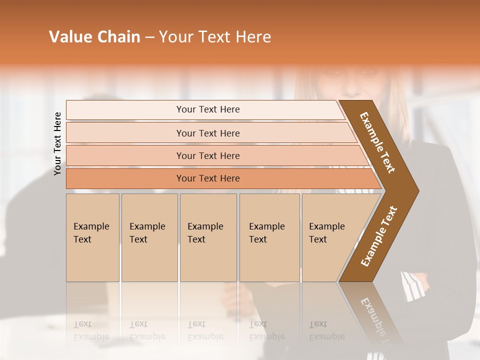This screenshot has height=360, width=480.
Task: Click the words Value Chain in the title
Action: pos(94,37)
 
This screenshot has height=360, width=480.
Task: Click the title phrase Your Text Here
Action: pos(215,37)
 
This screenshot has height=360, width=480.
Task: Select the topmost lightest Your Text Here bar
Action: pos(207,109)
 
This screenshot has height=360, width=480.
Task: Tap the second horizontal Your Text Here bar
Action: pos(207,133)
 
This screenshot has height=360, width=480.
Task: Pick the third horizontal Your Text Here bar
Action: pos(207,155)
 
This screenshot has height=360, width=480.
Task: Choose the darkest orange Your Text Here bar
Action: pos(207,178)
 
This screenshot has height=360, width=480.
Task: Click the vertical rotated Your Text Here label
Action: pos(57,143)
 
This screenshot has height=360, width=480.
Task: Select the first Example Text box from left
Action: pos(92,237)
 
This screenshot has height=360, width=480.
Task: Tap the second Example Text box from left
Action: pos(149,237)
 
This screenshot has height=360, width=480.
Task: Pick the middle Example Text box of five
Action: pos(208,237)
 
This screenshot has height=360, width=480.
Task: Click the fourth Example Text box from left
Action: pos(269,237)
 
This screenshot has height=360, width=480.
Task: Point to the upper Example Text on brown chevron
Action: pos(377,142)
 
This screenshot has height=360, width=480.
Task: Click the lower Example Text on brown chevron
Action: pos(379,236)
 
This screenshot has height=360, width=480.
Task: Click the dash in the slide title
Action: pos(149,37)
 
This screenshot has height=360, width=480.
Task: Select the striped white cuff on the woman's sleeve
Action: pos(412,286)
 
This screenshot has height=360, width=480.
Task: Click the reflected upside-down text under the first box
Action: pos(91,330)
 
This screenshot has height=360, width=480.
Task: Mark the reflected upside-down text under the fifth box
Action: pos(326,330)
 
